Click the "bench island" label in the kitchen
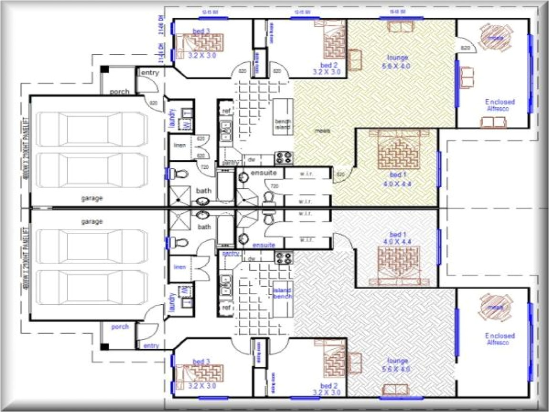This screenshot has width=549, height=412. coord(282,124)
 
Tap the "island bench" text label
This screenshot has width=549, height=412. coord(282,293)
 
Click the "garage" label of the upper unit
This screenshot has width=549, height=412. coord(91,198)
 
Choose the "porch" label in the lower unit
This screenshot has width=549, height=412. coord(120,327)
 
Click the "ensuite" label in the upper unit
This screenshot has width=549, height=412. coord(261,173)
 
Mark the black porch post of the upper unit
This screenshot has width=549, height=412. coord(104,70)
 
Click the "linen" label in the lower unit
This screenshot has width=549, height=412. coord(180,267)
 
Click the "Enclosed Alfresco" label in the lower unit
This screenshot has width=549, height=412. coord(500,339)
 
